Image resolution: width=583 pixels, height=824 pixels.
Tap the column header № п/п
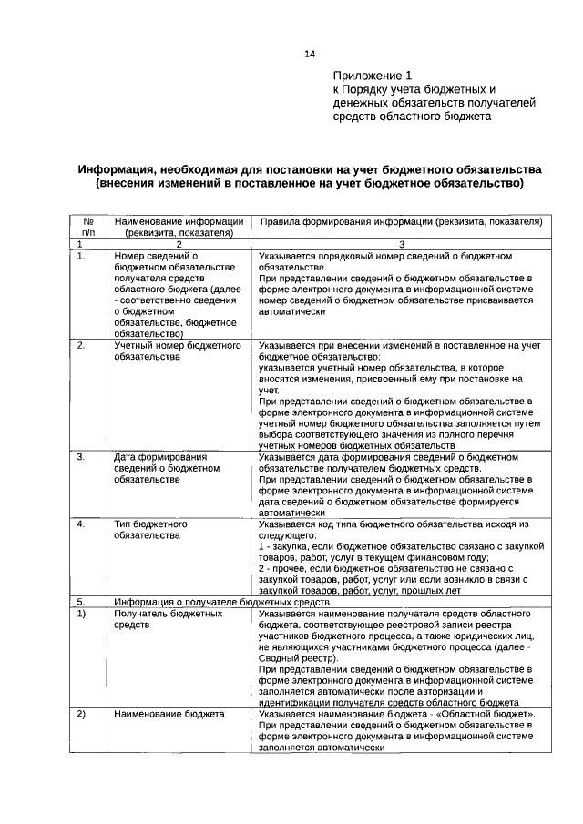click(89, 227)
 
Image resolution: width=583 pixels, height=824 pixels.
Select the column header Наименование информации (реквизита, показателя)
click(179, 227)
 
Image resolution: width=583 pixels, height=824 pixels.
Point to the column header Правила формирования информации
click(401, 221)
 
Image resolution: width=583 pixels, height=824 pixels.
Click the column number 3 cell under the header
click(401, 244)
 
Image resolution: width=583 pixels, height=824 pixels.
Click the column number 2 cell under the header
click(179, 244)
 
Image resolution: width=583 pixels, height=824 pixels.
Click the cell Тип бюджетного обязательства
click(151, 530)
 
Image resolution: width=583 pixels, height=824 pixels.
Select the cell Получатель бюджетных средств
click(169, 621)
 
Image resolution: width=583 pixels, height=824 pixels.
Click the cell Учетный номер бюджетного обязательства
click(177, 352)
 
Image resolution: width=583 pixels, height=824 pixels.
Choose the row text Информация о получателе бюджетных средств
click(221, 603)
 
